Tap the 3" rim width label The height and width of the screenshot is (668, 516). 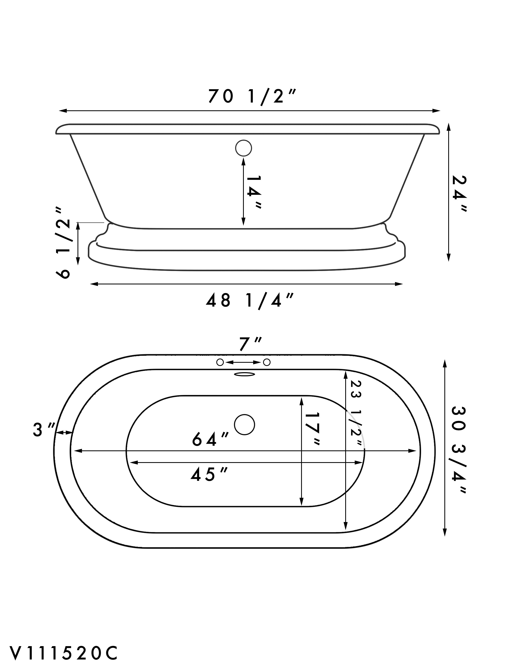(x=44, y=429)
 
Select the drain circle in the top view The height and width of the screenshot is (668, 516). (x=245, y=424)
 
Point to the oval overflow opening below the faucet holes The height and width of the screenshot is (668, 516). (x=244, y=374)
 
